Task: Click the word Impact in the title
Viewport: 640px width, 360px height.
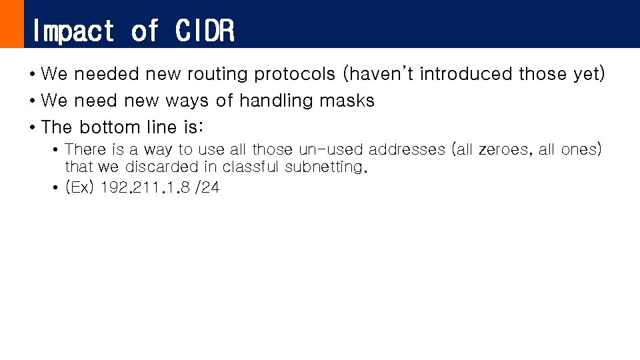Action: click(73, 31)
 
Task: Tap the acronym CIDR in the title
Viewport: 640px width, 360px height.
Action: click(205, 31)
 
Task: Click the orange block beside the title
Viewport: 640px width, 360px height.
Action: click(11, 24)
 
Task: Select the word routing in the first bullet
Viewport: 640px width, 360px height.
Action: click(217, 74)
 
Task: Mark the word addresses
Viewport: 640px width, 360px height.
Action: click(406, 149)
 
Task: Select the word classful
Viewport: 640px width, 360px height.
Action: click(251, 167)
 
